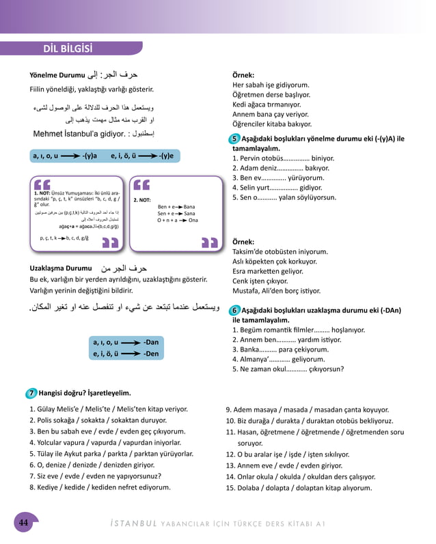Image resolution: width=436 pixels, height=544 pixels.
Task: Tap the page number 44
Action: [x=23, y=523]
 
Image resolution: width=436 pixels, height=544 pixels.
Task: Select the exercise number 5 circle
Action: [x=235, y=139]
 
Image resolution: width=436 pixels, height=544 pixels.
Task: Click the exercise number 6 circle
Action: [x=235, y=310]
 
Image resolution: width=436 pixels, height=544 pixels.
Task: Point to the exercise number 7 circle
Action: [x=32, y=393]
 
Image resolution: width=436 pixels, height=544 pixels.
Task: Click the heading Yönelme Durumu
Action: [x=57, y=75]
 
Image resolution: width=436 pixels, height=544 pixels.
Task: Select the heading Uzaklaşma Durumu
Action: [x=61, y=268]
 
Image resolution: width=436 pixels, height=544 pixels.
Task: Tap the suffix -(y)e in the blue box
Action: [x=166, y=156]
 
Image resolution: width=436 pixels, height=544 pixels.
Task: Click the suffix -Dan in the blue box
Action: [x=150, y=341]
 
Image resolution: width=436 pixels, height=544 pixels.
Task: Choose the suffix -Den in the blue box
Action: [x=150, y=354]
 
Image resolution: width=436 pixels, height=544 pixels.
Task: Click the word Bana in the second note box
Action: [x=189, y=206]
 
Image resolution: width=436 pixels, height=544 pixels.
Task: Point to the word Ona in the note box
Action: [x=193, y=220]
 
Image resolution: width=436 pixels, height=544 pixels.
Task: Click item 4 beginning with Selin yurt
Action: [x=277, y=187]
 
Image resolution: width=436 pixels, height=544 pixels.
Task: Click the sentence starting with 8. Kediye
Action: [x=100, y=487]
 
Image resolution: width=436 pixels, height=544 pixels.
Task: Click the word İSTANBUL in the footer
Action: [x=134, y=524]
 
